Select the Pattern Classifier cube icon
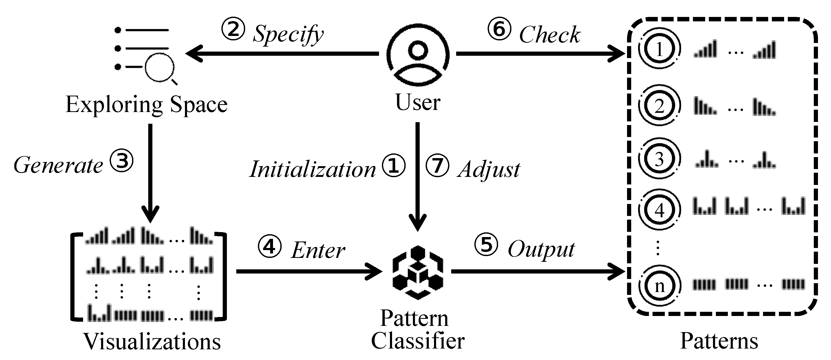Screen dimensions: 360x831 [418, 272]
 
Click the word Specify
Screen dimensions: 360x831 [288, 34]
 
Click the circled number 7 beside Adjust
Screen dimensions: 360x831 [437, 166]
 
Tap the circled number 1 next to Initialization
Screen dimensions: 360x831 [393, 166]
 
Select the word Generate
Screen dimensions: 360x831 [58, 165]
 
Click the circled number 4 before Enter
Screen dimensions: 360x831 [269, 247]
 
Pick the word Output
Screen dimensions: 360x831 [541, 249]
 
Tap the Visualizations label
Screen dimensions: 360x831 [152, 341]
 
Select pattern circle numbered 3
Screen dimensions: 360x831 [659, 159]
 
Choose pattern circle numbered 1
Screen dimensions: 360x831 [659, 49]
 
